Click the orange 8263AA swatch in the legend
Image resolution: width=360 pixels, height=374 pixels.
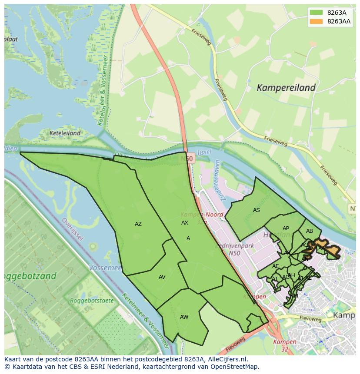(x=317, y=21)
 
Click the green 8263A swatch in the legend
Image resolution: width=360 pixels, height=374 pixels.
(x=317, y=13)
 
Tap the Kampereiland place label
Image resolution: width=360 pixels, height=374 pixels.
(x=286, y=88)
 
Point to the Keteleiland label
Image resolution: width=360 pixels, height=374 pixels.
(x=65, y=133)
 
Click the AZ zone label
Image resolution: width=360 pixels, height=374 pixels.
(x=138, y=224)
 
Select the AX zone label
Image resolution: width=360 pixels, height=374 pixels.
(x=185, y=222)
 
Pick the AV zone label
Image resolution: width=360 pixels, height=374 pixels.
(x=162, y=277)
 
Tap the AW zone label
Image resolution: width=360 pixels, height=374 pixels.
(x=184, y=317)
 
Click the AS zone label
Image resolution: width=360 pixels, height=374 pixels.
(x=257, y=210)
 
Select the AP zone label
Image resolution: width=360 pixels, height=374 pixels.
(x=286, y=228)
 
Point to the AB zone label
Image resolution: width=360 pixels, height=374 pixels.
(x=310, y=231)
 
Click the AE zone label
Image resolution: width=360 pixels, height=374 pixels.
(x=276, y=266)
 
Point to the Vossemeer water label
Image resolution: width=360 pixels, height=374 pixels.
(x=105, y=268)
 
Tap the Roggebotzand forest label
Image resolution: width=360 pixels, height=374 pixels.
(x=30, y=276)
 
